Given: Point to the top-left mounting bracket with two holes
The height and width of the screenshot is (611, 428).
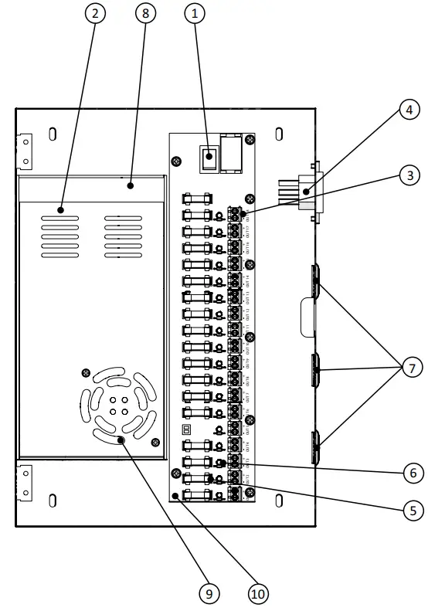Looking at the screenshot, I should click(x=25, y=151).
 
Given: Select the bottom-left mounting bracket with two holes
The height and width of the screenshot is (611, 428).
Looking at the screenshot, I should click(x=25, y=483).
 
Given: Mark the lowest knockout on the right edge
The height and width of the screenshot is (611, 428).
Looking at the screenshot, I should click(x=316, y=447).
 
